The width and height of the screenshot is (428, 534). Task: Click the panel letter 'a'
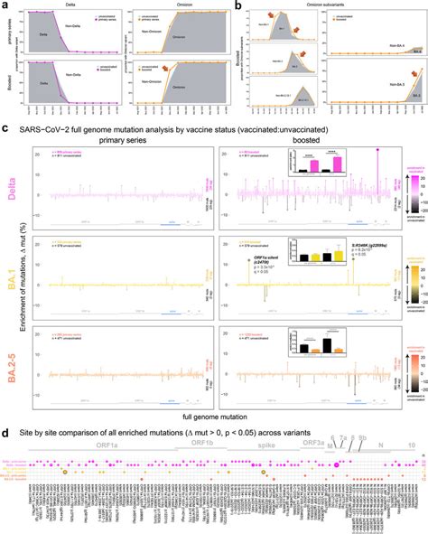click(5, 5)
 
